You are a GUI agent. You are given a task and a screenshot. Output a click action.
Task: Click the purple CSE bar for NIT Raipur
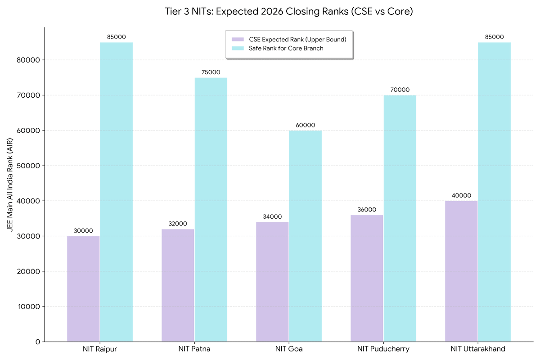tap(83, 288)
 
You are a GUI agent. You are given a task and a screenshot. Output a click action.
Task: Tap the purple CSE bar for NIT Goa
tap(272, 282)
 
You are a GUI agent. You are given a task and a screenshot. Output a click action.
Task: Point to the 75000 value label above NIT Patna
tap(211, 72)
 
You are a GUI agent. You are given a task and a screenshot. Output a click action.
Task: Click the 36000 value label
tap(367, 210)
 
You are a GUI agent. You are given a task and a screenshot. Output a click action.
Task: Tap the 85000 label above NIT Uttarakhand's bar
tap(494, 37)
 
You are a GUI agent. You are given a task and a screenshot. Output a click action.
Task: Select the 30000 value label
tap(83, 231)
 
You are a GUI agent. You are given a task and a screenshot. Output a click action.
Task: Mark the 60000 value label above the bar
tap(305, 125)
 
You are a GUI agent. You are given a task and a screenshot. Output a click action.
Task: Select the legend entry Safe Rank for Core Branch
tap(286, 49)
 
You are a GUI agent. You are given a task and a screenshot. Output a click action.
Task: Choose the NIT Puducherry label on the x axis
tap(383, 349)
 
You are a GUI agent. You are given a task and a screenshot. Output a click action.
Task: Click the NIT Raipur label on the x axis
tap(100, 349)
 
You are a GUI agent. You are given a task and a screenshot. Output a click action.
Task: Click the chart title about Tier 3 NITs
tap(289, 12)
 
